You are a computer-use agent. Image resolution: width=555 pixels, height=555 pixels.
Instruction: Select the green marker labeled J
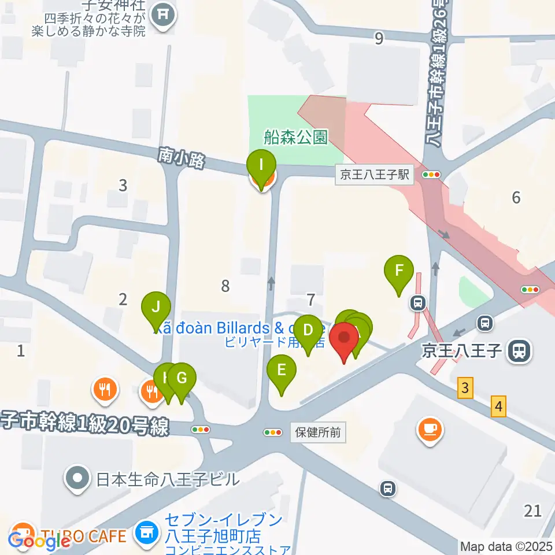[156, 307]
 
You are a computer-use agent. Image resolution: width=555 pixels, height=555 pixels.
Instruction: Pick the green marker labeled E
[282, 370]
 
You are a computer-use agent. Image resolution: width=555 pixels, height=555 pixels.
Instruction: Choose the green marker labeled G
[182, 379]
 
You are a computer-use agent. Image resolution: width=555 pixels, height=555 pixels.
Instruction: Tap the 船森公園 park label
[295, 137]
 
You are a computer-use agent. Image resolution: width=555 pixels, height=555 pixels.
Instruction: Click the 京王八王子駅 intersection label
[375, 175]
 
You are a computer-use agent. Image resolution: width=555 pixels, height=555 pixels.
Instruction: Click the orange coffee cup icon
[430, 430]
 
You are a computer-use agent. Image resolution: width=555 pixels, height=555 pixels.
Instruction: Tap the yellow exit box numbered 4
[499, 406]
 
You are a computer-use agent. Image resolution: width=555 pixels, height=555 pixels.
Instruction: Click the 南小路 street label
[181, 157]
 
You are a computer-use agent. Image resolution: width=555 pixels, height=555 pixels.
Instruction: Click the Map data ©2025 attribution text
[506, 546]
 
